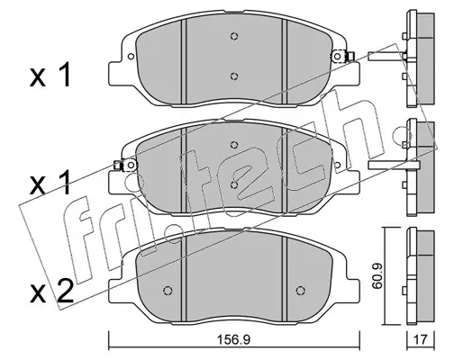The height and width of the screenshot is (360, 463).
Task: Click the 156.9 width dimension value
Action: (x=233, y=340)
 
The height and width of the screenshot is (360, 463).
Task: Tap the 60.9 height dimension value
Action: (x=377, y=276)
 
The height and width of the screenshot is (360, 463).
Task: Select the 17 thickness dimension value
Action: (x=421, y=340)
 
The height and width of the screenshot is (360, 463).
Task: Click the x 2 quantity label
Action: (x=51, y=291)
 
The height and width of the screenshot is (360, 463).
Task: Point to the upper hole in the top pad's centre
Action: (x=234, y=36)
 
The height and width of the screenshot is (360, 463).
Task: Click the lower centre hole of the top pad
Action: (x=234, y=76)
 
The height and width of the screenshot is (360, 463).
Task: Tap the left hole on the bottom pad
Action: (x=168, y=291)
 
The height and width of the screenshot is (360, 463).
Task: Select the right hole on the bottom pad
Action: (x=300, y=291)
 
